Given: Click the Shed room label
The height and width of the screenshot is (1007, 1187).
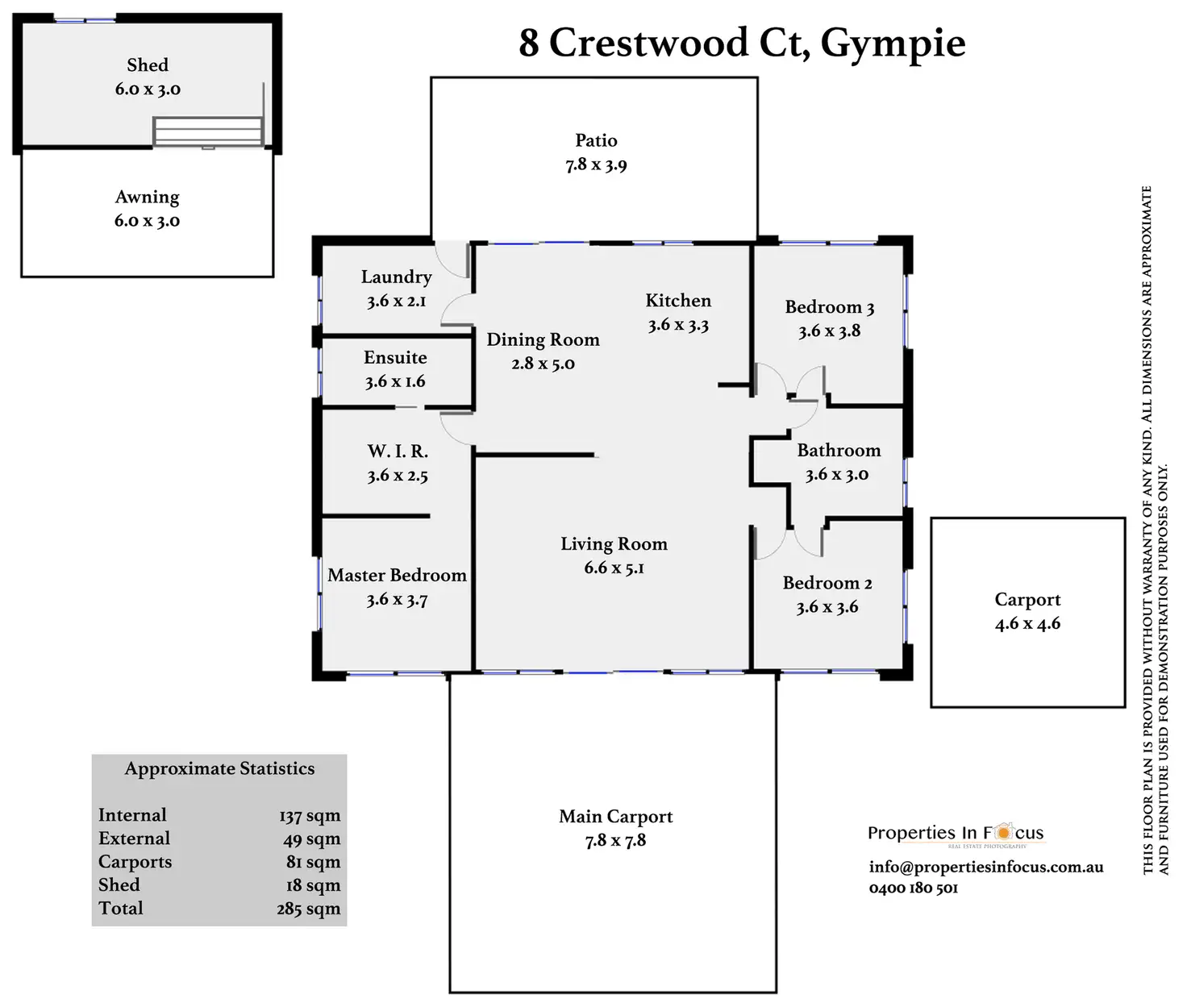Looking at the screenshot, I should coord(148,64).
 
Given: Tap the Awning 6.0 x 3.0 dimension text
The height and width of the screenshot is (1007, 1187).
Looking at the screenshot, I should coord(147,221).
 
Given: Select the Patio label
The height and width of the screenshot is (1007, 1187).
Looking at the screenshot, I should coord(596,140).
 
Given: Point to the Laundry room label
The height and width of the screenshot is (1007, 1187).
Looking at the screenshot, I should coord(396,277).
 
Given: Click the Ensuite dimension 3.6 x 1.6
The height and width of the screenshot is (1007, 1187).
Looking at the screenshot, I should coord(395,381).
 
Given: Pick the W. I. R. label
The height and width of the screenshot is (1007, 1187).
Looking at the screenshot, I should coord(398,451).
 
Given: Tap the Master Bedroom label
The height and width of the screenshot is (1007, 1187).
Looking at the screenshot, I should coord(397,575).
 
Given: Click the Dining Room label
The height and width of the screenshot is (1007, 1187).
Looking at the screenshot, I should coord(543,339).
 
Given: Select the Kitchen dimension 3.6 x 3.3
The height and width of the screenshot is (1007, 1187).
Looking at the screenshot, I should coord(678,325).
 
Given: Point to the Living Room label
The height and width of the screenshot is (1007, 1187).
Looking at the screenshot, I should coord(614,544).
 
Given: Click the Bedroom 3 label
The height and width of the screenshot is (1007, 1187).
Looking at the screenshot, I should coord(829,307).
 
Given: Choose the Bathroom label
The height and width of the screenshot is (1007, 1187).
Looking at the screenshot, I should coord(839,451).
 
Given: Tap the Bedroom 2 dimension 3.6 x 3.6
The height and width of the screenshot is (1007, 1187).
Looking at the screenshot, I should coord(827,607).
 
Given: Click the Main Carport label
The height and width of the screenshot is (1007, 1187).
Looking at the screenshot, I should coord(615,817).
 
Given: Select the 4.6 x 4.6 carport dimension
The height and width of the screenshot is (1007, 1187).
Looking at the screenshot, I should coord(1027,623).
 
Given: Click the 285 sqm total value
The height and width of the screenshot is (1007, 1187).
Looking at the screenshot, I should coord(308,909).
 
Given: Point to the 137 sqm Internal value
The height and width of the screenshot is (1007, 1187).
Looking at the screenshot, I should coord(310,816).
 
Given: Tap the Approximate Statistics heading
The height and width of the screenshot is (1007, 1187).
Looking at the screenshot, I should coord(219,768).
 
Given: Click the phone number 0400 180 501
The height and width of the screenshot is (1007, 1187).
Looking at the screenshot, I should coord(914,888).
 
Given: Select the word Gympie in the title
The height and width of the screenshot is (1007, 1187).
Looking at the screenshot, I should coord(893,44).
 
